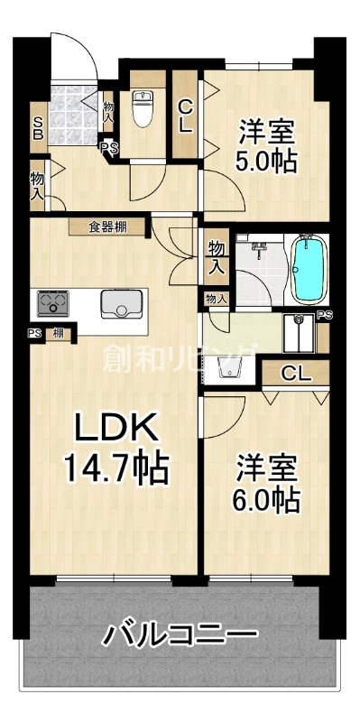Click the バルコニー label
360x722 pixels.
coord(179,635)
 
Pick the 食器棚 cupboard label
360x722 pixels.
coord(106,227)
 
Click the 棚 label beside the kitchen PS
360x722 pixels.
coord(57,333)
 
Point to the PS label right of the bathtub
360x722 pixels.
coord(324,315)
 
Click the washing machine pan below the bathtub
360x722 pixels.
coord(299,334)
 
